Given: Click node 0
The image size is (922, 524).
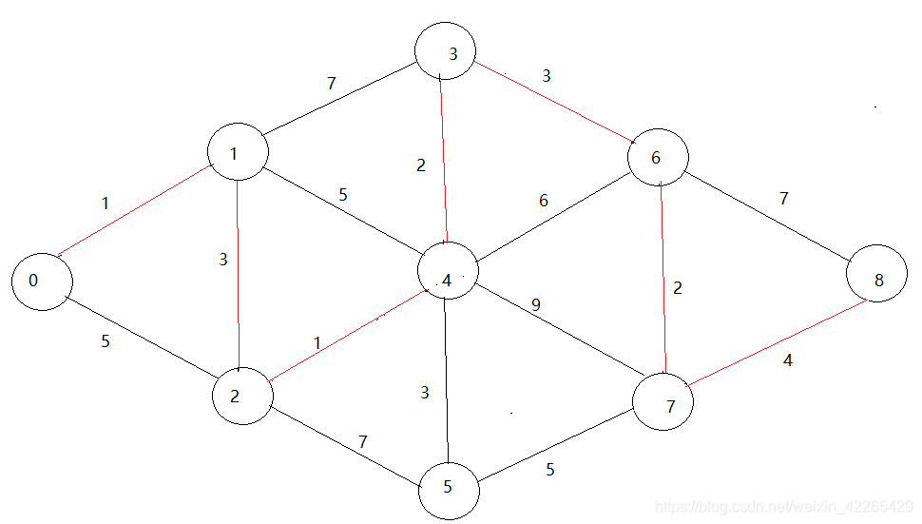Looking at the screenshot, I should (x=42, y=281).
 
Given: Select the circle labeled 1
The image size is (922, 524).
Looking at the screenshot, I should (x=237, y=152).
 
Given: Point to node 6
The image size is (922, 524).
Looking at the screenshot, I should (x=658, y=158).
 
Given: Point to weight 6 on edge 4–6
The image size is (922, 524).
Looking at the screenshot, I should (x=544, y=201).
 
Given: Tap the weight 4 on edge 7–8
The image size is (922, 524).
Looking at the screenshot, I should (x=787, y=361).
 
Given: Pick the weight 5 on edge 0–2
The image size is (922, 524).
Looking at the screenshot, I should (x=106, y=340).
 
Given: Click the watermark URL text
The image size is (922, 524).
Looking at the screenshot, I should (x=785, y=508).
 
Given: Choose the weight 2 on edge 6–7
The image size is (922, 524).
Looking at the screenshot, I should (x=677, y=288).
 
